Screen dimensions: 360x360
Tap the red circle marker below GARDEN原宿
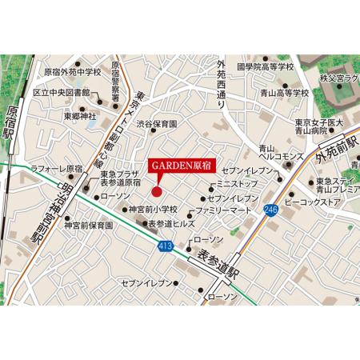click(x=157, y=190)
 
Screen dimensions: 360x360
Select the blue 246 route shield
click(x=270, y=210)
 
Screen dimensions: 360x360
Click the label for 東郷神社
click(x=79, y=116)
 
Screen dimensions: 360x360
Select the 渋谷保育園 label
click(x=156, y=125)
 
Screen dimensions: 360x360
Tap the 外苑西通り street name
click(x=223, y=80)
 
